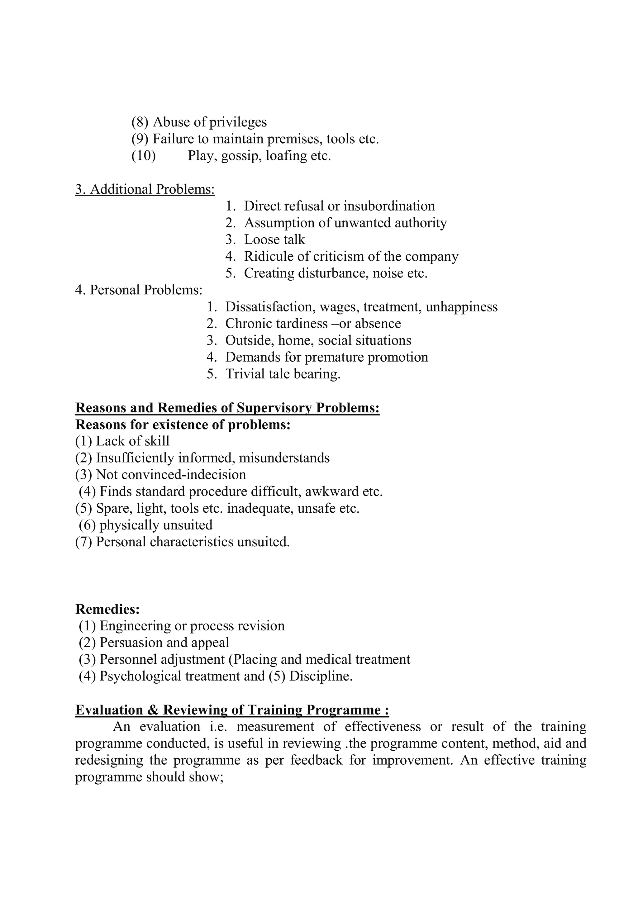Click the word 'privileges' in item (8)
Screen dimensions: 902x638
coord(238,123)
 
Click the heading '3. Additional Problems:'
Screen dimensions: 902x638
coord(145,189)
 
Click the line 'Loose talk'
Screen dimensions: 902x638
coord(274,240)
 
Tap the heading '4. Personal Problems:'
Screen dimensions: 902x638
coord(139,290)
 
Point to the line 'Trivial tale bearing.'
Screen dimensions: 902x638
coord(283,374)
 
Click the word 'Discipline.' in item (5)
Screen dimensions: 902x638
coord(321,676)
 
